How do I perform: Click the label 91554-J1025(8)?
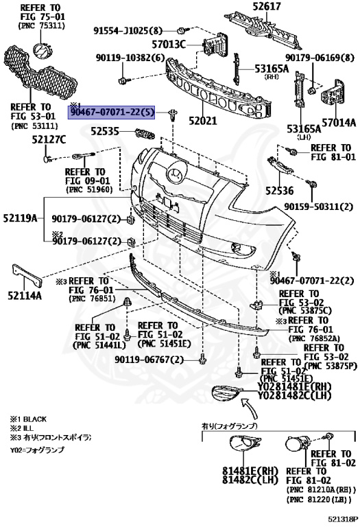pyautogui.click(x=129, y=31)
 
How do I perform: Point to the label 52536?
pyautogui.click(x=279, y=191)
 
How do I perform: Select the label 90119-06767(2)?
pyautogui.click(x=149, y=360)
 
